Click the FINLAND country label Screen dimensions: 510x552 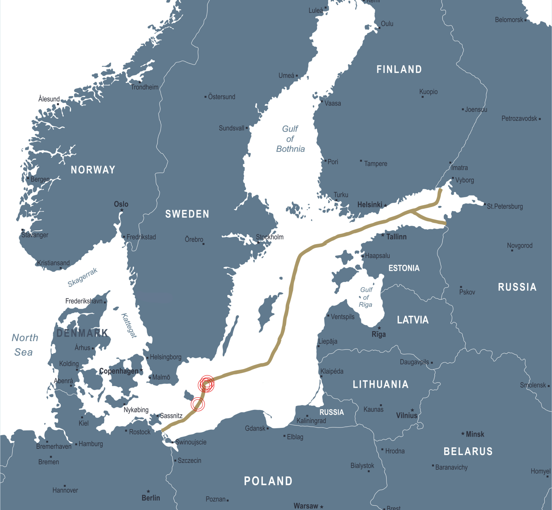tap(399, 70)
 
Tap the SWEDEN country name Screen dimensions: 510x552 tap(187, 214)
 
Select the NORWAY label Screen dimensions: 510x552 tap(93, 170)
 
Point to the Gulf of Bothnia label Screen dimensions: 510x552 tap(290, 139)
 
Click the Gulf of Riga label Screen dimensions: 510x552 tap(366, 297)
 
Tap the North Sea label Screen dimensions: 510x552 tap(25, 345)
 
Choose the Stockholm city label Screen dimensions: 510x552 tap(270, 237)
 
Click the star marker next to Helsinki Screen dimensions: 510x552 tap(385, 206)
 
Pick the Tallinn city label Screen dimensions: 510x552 tap(396, 237)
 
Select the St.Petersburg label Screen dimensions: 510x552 tap(505, 207)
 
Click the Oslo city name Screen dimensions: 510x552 tap(121, 204)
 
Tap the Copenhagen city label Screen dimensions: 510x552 tap(118, 371)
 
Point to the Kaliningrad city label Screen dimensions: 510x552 tap(311, 421)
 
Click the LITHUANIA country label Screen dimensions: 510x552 tap(380, 384)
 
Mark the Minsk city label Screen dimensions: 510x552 tap(475, 434)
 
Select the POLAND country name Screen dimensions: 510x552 tap(268, 481)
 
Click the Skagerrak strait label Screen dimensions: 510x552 tap(83, 277)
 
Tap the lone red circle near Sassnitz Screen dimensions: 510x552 tap(197, 404)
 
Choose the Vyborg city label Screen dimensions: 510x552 tap(465, 180)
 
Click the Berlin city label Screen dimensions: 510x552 tap(151, 498)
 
